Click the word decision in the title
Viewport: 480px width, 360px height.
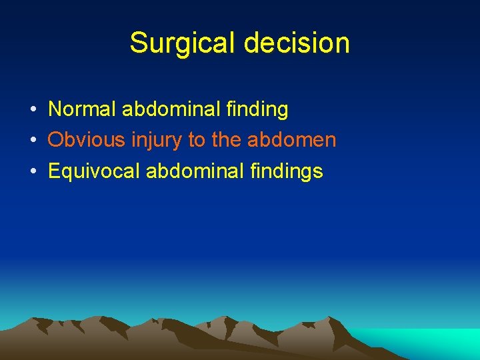click(297, 43)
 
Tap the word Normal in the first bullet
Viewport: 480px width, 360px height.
click(82, 109)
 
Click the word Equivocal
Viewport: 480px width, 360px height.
click(93, 171)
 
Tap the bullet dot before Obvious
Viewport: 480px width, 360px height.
click(32, 141)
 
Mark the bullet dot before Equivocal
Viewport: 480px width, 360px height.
click(32, 172)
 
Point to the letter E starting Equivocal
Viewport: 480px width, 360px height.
click(54, 171)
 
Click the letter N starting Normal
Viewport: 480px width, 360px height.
click(55, 109)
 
